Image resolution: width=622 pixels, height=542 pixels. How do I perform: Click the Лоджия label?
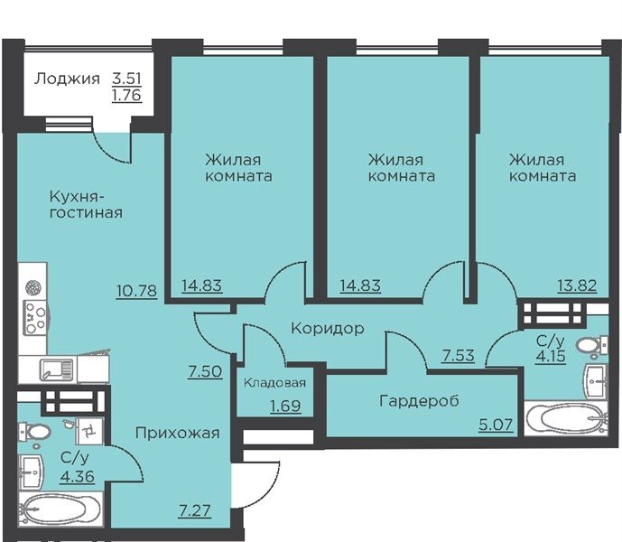[x=67, y=79]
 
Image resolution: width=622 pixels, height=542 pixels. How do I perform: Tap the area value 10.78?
[x=137, y=291]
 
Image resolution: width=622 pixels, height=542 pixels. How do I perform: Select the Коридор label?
[x=328, y=329]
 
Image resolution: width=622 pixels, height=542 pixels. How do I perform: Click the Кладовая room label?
[x=274, y=383]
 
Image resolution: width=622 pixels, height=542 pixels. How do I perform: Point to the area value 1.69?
[x=285, y=406]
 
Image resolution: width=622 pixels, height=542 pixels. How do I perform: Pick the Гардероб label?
[x=419, y=401]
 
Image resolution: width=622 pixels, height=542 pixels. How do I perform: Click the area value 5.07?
[x=496, y=425]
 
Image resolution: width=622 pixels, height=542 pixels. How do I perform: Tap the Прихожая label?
[x=177, y=434]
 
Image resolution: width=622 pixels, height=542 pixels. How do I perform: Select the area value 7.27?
[x=194, y=510]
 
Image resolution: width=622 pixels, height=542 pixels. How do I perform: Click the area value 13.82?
[x=577, y=285]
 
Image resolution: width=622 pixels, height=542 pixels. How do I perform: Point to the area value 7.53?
[x=459, y=355]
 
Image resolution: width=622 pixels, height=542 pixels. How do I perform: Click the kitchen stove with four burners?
[x=35, y=317]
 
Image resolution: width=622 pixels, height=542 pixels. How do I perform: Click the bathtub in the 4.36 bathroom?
[x=60, y=509]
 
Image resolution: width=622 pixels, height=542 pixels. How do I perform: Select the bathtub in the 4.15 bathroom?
[x=566, y=418]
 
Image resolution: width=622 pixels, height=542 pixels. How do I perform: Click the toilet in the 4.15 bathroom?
[x=592, y=345]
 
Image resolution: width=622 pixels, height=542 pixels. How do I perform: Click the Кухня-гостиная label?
[x=86, y=204]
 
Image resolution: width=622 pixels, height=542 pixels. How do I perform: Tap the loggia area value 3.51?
[x=126, y=79]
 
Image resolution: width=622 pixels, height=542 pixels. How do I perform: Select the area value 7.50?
[x=205, y=371]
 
